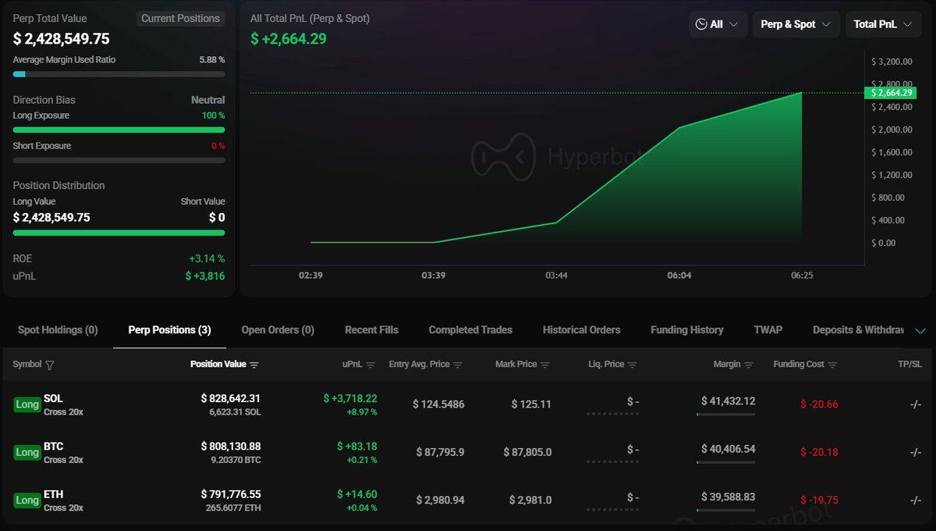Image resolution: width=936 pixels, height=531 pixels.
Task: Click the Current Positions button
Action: click(x=180, y=18)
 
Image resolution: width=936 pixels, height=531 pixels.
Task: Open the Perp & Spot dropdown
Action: click(x=796, y=24)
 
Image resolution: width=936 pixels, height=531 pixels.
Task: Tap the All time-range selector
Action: click(x=718, y=24)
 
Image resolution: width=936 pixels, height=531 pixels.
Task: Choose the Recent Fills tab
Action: click(x=371, y=330)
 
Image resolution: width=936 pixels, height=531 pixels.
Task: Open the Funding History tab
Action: click(x=686, y=330)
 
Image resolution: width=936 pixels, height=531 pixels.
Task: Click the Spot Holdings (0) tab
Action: click(x=58, y=330)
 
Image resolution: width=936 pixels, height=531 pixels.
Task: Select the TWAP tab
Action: click(x=768, y=330)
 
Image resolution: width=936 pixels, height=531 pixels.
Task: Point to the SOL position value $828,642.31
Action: click(x=230, y=398)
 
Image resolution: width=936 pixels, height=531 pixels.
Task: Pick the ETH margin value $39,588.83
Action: click(x=728, y=497)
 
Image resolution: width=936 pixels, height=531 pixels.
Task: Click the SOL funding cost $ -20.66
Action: click(x=819, y=404)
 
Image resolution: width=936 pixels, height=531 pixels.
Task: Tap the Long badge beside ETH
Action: click(x=27, y=501)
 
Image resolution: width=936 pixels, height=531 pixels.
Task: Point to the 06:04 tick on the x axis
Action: click(x=679, y=276)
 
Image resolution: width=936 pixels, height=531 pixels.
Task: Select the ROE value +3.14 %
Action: click(x=207, y=258)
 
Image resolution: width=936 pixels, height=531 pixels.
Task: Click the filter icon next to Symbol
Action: click(x=50, y=365)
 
